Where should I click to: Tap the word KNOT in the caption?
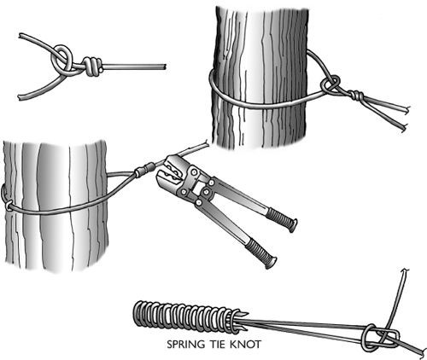(245, 345)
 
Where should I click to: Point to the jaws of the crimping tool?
(168, 171)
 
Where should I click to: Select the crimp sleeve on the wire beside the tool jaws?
(144, 169)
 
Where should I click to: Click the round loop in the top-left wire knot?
(61, 59)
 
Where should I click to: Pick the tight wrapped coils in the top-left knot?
(91, 67)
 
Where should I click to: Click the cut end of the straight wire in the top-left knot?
(165, 67)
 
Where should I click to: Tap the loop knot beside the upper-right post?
(330, 84)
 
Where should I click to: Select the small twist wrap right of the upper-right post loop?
(355, 95)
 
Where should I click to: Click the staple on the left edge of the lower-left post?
(6, 197)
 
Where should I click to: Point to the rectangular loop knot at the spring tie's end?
(381, 338)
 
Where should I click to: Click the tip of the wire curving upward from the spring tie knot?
(406, 270)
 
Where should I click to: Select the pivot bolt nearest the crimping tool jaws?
(194, 172)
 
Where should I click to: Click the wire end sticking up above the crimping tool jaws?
(206, 144)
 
